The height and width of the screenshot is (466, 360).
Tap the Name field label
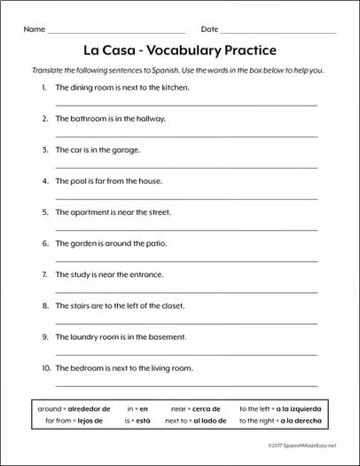pyautogui.click(x=33, y=29)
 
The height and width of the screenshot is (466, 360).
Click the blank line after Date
pyautogui.click(x=278, y=31)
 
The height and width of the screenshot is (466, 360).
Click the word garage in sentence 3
pyautogui.click(x=124, y=150)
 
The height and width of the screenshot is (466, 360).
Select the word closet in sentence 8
pyautogui.click(x=171, y=305)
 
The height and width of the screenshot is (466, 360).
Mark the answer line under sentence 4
pyautogui.click(x=186, y=198)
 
